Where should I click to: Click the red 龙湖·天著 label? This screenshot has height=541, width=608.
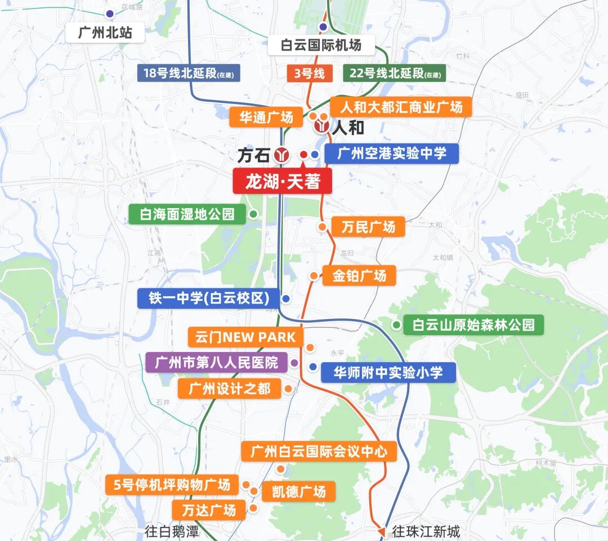pyautogui.click(x=282, y=182)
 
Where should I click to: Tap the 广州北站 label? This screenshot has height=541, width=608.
pyautogui.click(x=105, y=33)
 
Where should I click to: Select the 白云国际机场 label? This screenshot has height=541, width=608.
pyautogui.click(x=321, y=44)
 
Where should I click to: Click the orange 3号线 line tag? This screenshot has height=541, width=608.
pyautogui.click(x=309, y=73)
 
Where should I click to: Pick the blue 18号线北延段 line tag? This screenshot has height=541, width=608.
pyautogui.click(x=189, y=73)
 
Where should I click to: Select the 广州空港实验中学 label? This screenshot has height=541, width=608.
pyautogui.click(x=392, y=154)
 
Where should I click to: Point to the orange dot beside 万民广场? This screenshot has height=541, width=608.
pyautogui.click(x=322, y=227)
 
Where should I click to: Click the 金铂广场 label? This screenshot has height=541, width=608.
pyautogui.click(x=359, y=276)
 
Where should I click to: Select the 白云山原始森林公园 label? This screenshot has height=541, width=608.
pyautogui.click(x=473, y=325)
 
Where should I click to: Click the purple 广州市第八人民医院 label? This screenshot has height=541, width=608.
pyautogui.click(x=216, y=363)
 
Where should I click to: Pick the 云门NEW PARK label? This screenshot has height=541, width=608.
pyautogui.click(x=245, y=337)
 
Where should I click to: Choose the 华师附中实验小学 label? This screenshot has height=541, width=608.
pyautogui.click(x=388, y=372)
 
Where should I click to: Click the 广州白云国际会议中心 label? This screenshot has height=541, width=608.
pyautogui.click(x=319, y=451)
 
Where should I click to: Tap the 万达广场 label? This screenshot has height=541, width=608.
pyautogui.click(x=209, y=510)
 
